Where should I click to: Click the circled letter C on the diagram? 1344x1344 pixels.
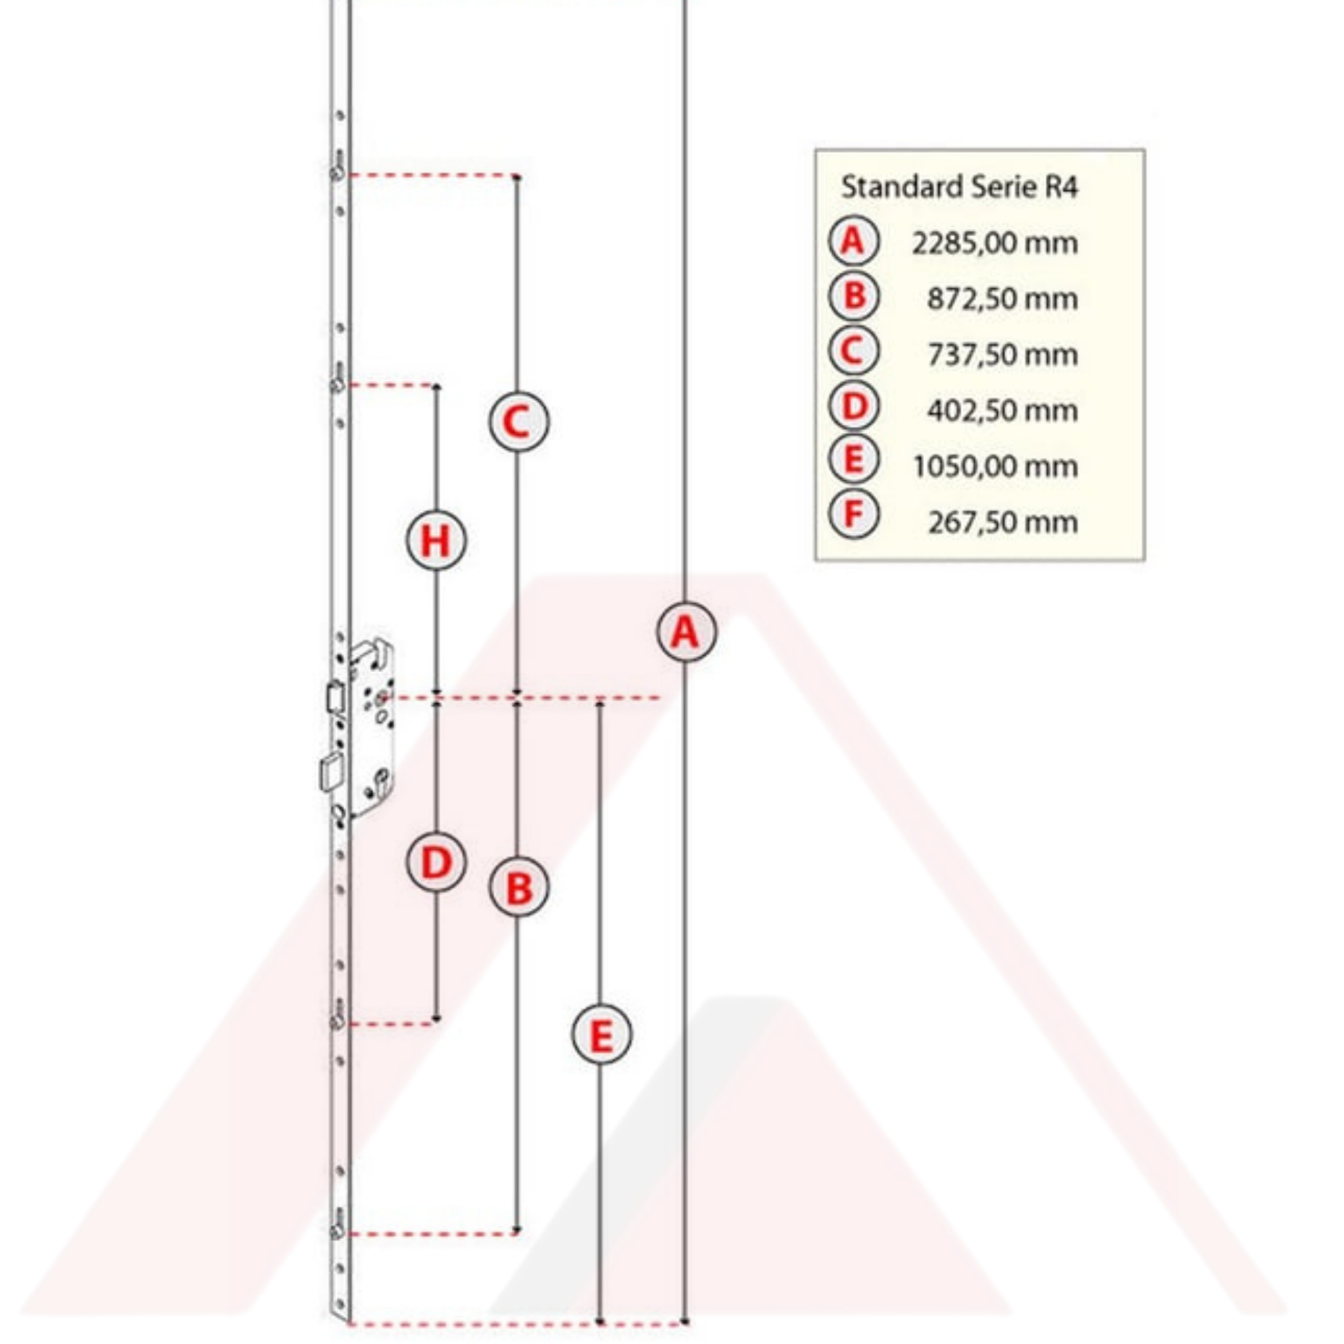tap(518, 421)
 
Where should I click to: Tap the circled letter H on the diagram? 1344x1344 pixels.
tap(435, 540)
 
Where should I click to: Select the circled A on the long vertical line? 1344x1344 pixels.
tap(686, 632)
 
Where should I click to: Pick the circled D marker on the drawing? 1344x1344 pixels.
tap(435, 862)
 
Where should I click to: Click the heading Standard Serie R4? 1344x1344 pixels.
tap(959, 187)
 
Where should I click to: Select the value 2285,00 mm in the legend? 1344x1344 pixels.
tap(994, 243)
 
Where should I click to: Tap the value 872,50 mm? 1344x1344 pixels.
tap(1002, 298)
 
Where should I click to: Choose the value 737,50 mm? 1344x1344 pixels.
tap(1002, 355)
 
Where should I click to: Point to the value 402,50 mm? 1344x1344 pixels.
tap(1002, 411)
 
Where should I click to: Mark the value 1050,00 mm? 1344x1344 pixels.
tap(994, 466)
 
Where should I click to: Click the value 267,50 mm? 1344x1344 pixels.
tap(1002, 522)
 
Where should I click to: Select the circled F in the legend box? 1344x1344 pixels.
tap(854, 515)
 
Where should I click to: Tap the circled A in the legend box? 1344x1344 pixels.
tap(854, 240)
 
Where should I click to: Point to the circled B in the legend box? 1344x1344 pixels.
tap(854, 296)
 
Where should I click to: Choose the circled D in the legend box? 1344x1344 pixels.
tap(854, 406)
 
